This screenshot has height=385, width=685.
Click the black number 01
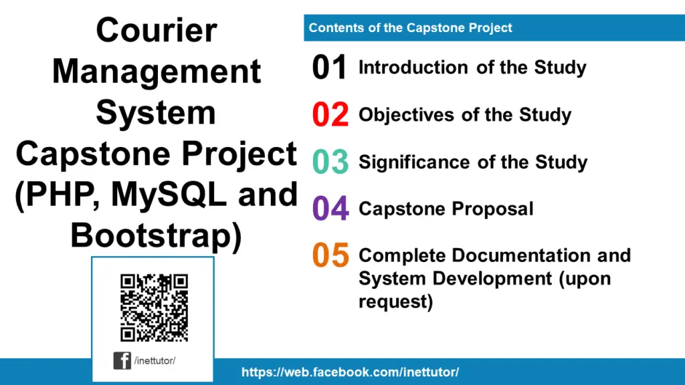click(x=330, y=68)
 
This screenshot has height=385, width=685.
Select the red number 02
click(x=330, y=115)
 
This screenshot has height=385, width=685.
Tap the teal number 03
click(x=330, y=162)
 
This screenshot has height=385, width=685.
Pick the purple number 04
click(x=330, y=209)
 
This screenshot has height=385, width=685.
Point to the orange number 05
click(x=330, y=255)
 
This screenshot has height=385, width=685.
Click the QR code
click(x=154, y=307)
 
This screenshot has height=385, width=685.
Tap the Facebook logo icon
click(x=122, y=361)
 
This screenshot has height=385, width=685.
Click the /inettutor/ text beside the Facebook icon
click(x=155, y=361)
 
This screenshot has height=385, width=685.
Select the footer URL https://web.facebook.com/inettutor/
click(x=350, y=372)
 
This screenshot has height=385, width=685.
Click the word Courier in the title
click(x=157, y=31)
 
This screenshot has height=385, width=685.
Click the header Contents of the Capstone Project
click(x=410, y=28)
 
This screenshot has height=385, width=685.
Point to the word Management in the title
click(x=157, y=72)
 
